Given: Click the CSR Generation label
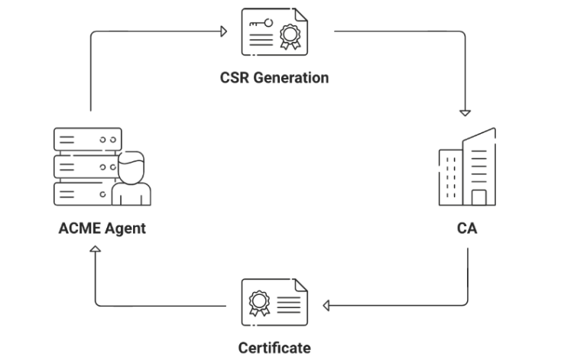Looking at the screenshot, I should (x=274, y=77).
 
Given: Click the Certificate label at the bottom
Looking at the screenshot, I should (x=274, y=348).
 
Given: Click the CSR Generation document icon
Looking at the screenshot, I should (x=274, y=32).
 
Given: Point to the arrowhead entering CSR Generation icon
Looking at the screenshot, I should (x=224, y=31).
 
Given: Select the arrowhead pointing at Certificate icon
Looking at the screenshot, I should (x=326, y=306).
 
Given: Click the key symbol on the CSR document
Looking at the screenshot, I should (x=261, y=24).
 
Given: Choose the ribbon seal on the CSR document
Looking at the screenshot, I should (x=290, y=36).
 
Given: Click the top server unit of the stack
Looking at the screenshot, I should (x=88, y=139).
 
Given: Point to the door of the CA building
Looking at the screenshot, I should (x=478, y=198).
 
